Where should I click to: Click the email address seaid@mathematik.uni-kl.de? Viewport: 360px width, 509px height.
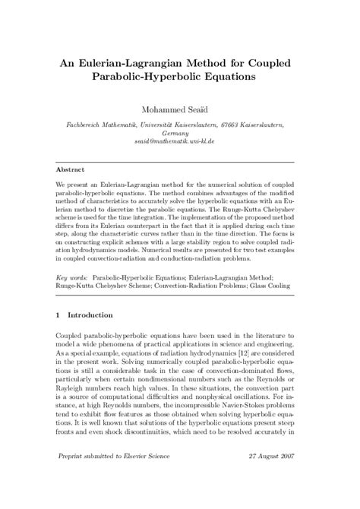click(180, 141)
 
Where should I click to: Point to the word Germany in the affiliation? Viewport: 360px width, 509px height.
click(180, 131)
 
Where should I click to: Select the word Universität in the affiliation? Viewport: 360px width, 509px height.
click(159, 122)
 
